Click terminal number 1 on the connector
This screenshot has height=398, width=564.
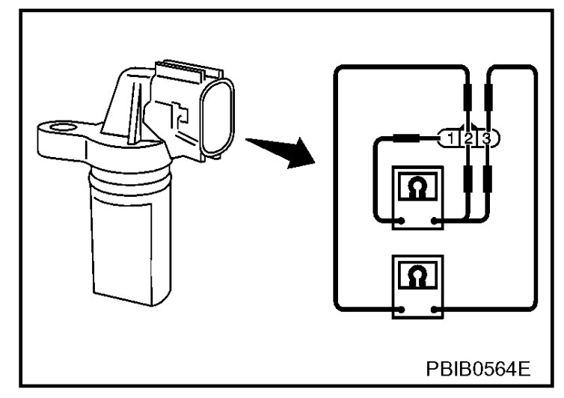[x=450, y=138]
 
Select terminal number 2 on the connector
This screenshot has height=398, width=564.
[x=468, y=138]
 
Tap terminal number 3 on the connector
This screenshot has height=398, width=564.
[x=486, y=138]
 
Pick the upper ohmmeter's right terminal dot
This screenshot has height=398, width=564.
[x=435, y=221]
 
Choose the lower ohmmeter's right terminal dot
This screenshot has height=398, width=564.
[x=435, y=308]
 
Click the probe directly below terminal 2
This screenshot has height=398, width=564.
[x=468, y=180]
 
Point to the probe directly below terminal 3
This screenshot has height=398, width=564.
[x=488, y=180]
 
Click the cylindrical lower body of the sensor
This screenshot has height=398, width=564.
[x=123, y=239]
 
